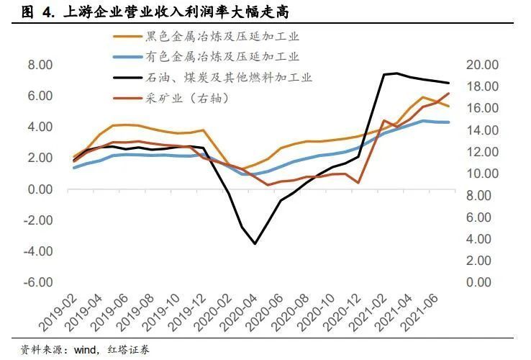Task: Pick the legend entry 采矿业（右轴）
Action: [x=191, y=96]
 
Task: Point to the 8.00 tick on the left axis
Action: [x=37, y=65]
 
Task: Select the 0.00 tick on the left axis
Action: [x=37, y=189]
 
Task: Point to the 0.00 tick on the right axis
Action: [x=487, y=282]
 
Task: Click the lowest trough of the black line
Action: [x=255, y=243]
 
